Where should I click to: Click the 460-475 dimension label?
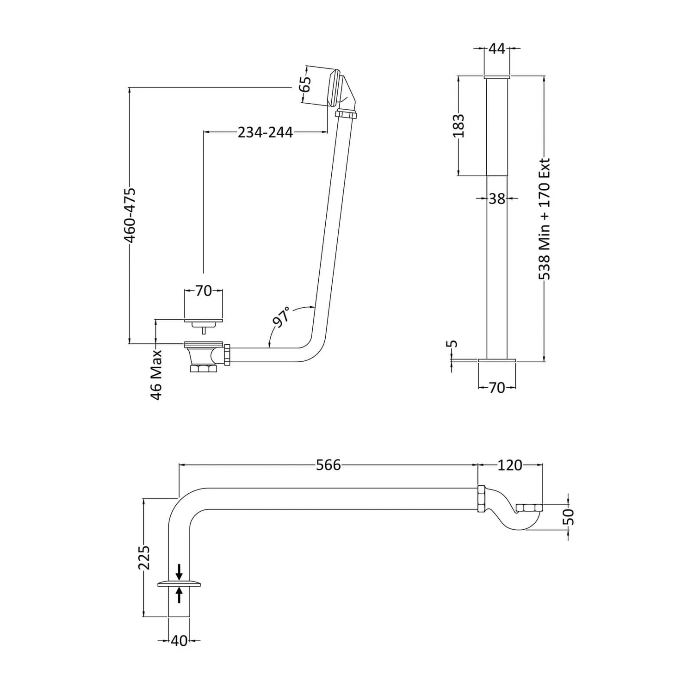pyautogui.click(x=130, y=215)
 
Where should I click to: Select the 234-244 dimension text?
pyautogui.click(x=265, y=132)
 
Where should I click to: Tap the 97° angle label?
pyautogui.click(x=282, y=317)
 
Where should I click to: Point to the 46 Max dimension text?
pyautogui.click(x=156, y=375)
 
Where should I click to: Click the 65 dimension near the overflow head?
pyautogui.click(x=305, y=85)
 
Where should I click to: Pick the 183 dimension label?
pyautogui.click(x=458, y=126)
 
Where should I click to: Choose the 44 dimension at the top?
pyautogui.click(x=497, y=48)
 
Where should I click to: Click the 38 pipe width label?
pyautogui.click(x=497, y=198)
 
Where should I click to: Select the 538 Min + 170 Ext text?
pyautogui.click(x=545, y=219)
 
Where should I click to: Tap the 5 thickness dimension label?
pyautogui.click(x=453, y=344)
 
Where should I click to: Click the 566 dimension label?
pyautogui.click(x=328, y=465)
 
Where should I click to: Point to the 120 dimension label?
pyautogui.click(x=510, y=465)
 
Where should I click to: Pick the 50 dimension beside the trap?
pyautogui.click(x=570, y=516)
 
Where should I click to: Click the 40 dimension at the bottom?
pyautogui.click(x=180, y=641)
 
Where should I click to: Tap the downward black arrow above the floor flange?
pyautogui.click(x=180, y=572)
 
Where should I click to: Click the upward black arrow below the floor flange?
pyautogui.click(x=180, y=595)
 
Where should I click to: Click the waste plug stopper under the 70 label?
pyautogui.click(x=204, y=324)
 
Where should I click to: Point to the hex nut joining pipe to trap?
pyautogui.click(x=481, y=498)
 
